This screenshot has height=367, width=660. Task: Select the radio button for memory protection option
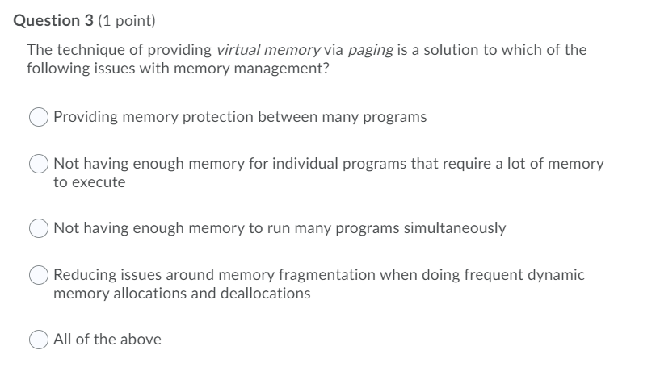click(x=40, y=118)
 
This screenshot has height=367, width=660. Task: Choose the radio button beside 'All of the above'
click(x=40, y=340)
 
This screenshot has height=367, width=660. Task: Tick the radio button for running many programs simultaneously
click(x=40, y=228)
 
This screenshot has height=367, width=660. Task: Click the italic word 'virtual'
click(x=239, y=50)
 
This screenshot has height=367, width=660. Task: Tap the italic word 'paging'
click(x=371, y=50)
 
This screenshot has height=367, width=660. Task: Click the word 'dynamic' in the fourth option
click(x=557, y=275)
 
